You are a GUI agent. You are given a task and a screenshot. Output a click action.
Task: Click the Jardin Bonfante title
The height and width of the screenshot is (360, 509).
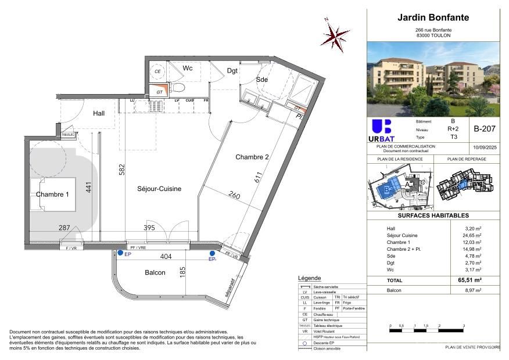(x=433, y=17)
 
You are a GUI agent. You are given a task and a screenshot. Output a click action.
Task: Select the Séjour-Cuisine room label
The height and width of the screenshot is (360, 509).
(x=159, y=189)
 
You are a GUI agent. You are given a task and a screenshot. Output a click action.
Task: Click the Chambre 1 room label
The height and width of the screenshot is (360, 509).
(x=52, y=195)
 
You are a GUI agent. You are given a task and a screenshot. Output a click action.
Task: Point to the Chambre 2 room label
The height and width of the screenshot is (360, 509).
(x=252, y=157)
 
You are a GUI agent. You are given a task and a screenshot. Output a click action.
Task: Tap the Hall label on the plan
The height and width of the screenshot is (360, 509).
(x=99, y=113)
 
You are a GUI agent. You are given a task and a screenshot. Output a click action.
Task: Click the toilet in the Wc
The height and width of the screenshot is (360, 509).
(x=179, y=88)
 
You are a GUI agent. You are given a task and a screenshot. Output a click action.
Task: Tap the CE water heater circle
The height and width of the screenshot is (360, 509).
(x=157, y=72)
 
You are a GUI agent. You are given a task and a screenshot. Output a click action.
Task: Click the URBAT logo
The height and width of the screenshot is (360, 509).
(x=381, y=131)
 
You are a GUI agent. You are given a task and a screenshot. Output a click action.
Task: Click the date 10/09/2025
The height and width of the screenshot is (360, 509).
(x=484, y=148)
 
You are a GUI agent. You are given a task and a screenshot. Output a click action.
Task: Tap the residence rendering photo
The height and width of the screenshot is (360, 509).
(x=433, y=78)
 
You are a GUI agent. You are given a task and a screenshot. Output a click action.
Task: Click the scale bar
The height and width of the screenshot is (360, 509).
(x=427, y=330)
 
